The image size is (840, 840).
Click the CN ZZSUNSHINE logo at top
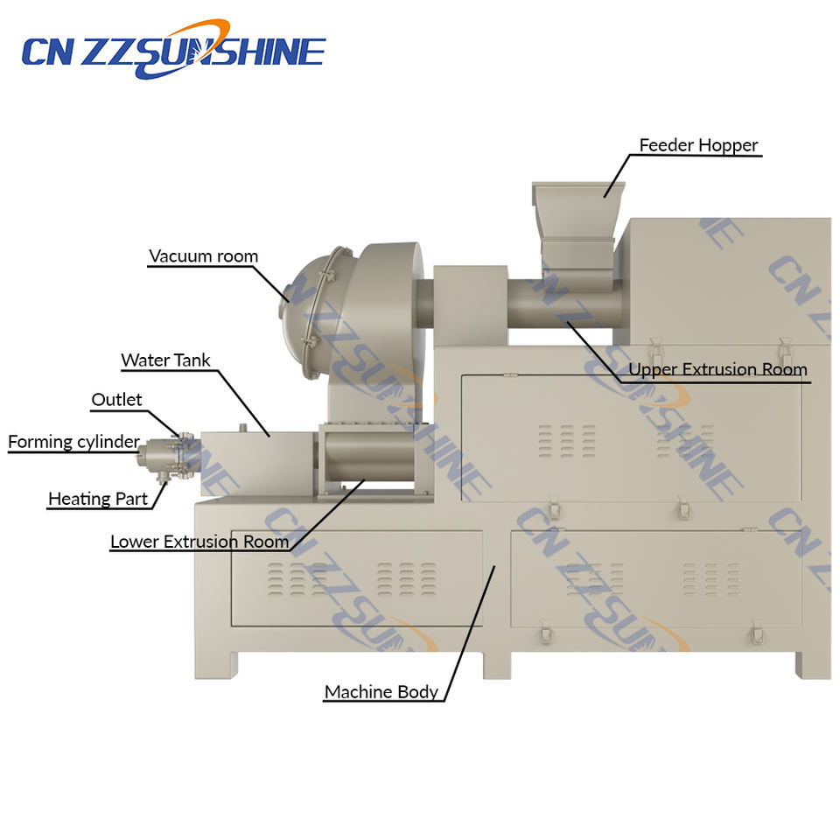(x=173, y=50)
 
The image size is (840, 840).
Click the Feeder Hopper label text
(x=698, y=145)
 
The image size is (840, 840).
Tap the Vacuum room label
(x=203, y=256)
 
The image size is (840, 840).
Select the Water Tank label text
(x=165, y=360)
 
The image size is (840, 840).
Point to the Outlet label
(x=116, y=400)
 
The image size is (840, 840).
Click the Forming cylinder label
(x=73, y=442)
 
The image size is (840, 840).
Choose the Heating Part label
(x=98, y=499)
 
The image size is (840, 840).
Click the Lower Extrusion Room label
(x=199, y=542)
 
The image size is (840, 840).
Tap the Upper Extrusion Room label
(x=717, y=369)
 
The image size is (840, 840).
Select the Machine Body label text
(x=381, y=692)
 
